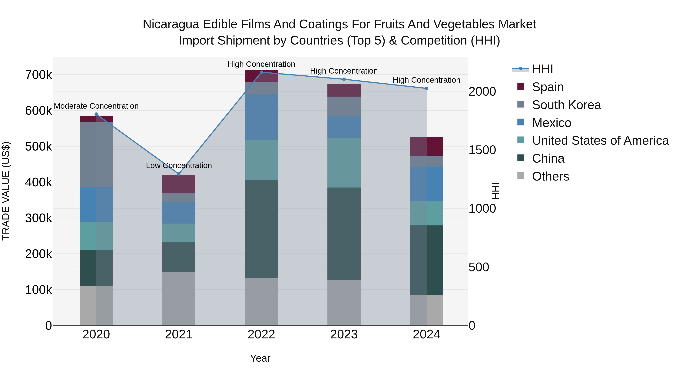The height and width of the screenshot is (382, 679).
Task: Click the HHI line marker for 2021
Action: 179,174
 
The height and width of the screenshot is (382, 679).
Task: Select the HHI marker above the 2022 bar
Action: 261,72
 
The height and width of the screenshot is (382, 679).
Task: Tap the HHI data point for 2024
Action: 426,88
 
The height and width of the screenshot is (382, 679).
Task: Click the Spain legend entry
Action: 548,87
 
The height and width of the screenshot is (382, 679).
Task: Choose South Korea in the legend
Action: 566,105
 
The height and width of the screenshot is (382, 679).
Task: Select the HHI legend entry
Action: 542,69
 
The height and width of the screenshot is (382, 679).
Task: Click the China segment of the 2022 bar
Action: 261,229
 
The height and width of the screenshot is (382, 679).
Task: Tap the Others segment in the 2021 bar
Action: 179,298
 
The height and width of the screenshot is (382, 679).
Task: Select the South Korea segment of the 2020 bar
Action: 96,154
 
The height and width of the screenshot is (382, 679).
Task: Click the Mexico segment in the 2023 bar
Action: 344,127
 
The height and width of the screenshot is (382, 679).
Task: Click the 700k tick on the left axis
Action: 38,75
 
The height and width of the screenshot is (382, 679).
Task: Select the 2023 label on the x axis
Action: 344,334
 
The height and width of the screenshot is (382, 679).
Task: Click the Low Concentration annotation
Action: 179,165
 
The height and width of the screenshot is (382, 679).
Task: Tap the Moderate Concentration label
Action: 96,106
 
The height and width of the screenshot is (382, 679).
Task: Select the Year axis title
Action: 260,358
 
